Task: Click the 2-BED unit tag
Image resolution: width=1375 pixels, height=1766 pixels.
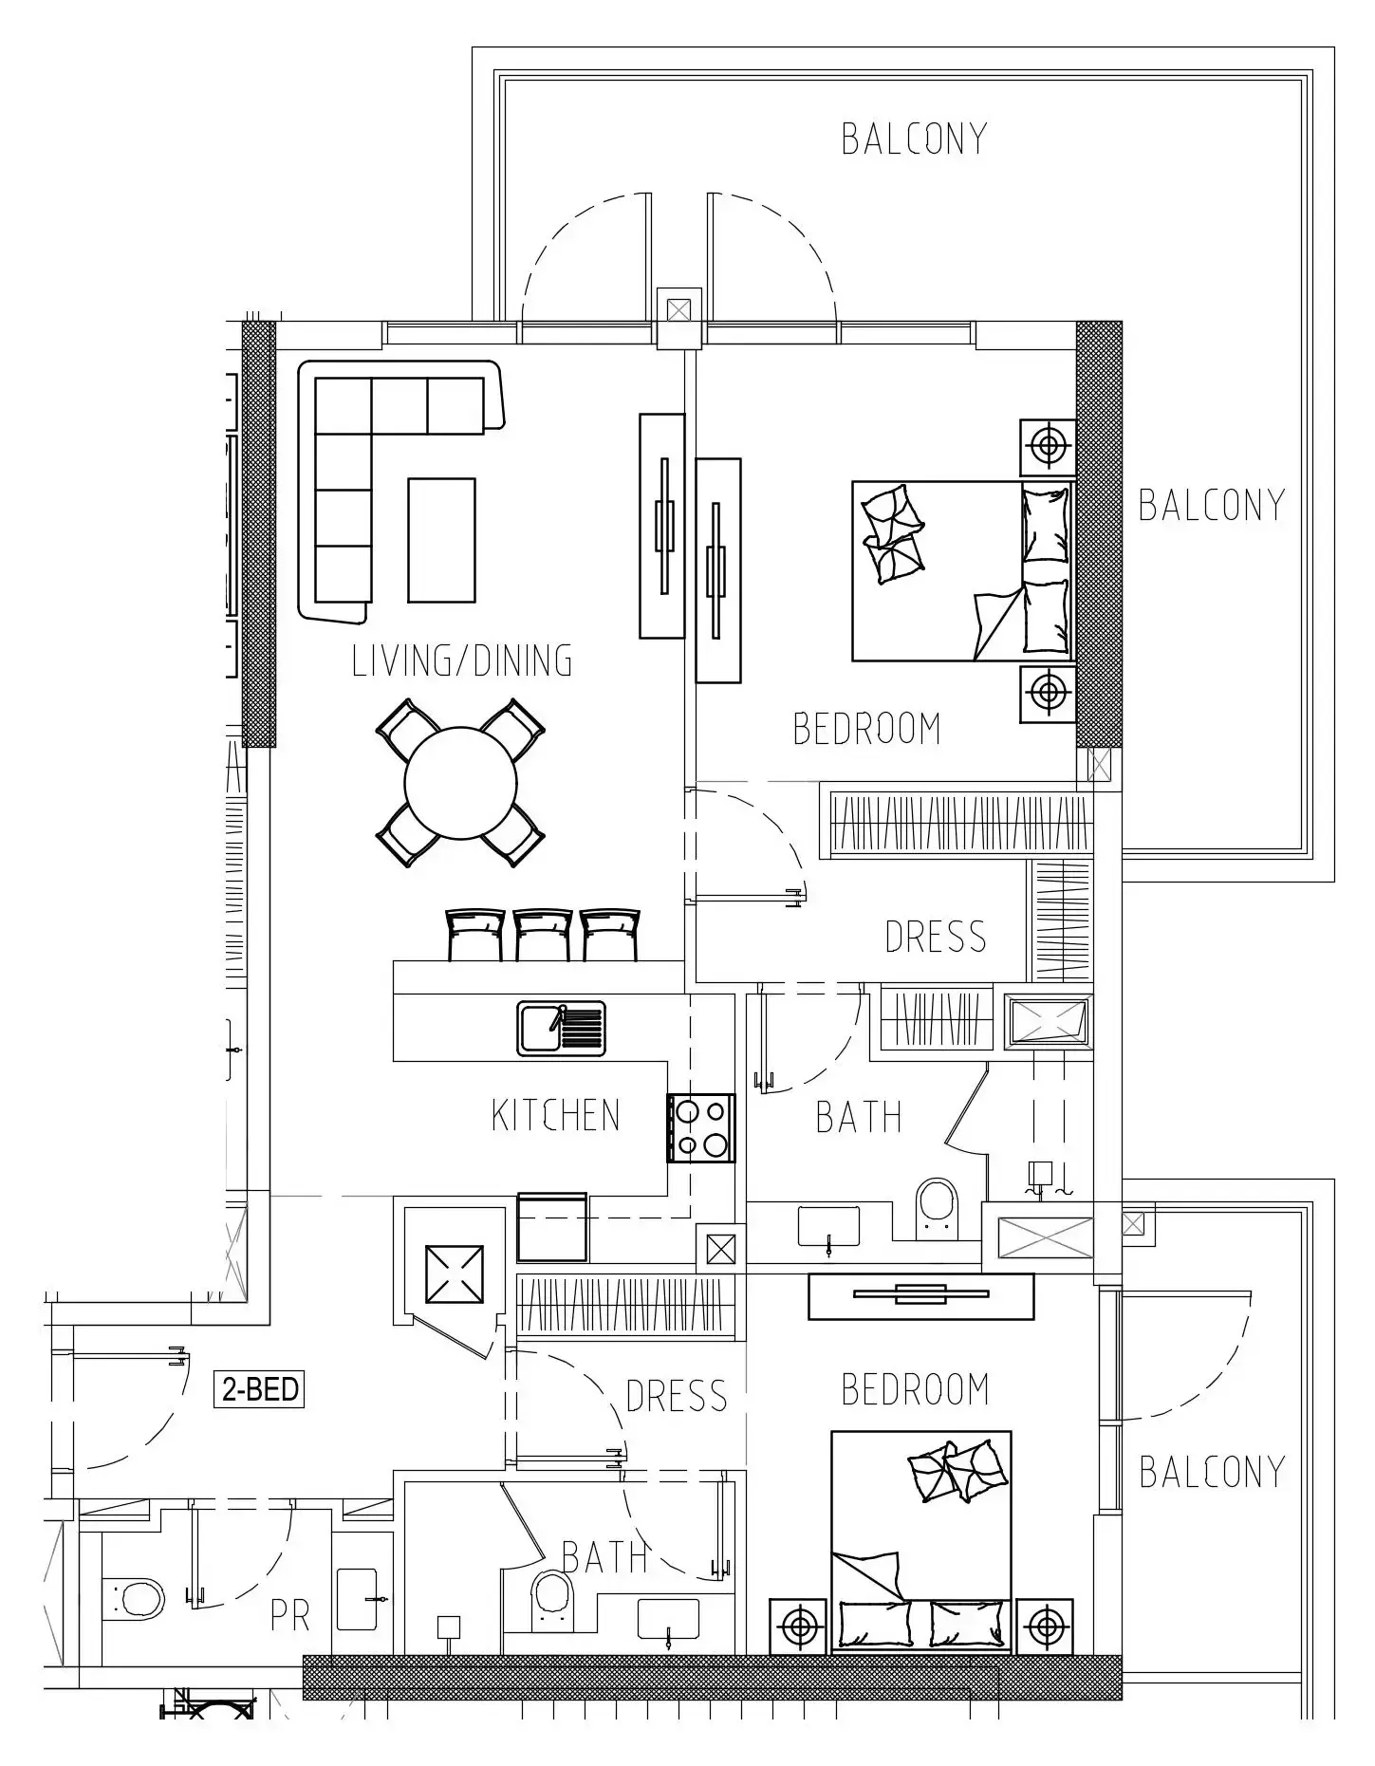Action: click(259, 1389)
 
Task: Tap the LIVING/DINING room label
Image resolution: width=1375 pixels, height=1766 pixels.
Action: click(462, 660)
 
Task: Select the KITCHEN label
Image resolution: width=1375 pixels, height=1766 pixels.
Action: click(556, 1115)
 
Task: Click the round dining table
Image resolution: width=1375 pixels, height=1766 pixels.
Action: click(460, 783)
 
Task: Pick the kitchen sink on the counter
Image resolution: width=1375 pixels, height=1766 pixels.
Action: click(562, 1029)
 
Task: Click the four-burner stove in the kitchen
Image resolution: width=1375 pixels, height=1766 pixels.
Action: click(701, 1127)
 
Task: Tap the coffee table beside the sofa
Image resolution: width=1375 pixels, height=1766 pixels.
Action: click(441, 540)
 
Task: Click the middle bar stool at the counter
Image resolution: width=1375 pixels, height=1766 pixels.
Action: click(543, 935)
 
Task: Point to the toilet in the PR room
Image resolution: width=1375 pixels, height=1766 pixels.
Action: click(133, 1599)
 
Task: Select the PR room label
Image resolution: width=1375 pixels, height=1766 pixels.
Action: click(290, 1616)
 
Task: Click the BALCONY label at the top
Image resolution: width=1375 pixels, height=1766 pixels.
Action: click(914, 139)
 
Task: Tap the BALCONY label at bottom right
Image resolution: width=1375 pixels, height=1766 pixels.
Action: click(1212, 1472)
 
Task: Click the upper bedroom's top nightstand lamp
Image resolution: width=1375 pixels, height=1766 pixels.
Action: click(1048, 447)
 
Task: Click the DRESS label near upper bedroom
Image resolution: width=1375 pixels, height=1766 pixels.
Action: click(936, 937)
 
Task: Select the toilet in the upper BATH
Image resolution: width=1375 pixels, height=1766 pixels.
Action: click(937, 1208)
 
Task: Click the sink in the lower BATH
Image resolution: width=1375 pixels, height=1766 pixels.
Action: click(668, 1619)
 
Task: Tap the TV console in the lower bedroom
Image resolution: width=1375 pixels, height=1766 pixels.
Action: click(920, 1296)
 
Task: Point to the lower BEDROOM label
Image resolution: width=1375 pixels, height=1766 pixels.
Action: click(916, 1389)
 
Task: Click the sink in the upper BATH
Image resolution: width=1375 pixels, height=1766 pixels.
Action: click(828, 1227)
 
